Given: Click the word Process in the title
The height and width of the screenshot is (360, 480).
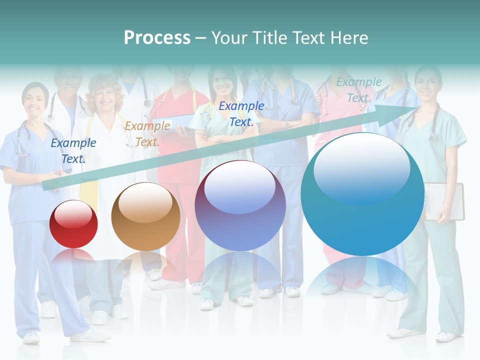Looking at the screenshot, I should pyautogui.click(x=157, y=38).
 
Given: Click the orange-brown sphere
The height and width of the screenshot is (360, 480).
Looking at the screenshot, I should pyautogui.click(x=145, y=217).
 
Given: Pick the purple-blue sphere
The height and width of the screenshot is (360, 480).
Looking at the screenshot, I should pyautogui.click(x=240, y=206).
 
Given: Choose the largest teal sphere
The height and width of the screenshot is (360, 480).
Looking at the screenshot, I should pyautogui.click(x=362, y=195).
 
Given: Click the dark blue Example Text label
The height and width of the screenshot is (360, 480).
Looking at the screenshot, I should pyautogui.click(x=73, y=150).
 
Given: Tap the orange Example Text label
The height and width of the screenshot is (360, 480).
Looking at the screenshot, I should pyautogui.click(x=147, y=133).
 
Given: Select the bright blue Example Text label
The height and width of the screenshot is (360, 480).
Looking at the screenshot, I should pyautogui.click(x=241, y=113).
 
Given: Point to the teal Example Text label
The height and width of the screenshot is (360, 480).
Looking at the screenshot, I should pyautogui.click(x=358, y=90).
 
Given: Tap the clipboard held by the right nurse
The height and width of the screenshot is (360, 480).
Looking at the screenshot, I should pyautogui.click(x=445, y=201).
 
